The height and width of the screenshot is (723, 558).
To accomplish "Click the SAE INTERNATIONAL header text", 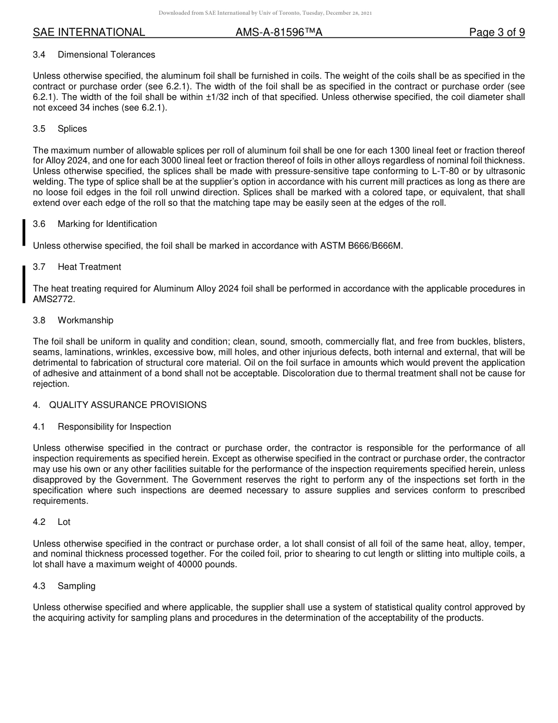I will (89, 33).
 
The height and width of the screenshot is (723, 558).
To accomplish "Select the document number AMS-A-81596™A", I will (279, 33).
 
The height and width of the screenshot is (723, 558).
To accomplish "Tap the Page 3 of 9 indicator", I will (497, 33).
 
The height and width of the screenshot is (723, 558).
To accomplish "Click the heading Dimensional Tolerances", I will (106, 55).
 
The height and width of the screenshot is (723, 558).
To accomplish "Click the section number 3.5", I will (39, 129).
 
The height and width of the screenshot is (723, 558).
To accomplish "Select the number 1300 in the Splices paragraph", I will (407, 150).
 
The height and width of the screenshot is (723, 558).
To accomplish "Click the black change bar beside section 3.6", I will (24, 232).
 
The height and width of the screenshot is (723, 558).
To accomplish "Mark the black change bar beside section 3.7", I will (24, 284).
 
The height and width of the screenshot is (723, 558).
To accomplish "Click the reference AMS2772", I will (54, 299).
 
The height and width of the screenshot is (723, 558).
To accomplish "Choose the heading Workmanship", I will (86, 320).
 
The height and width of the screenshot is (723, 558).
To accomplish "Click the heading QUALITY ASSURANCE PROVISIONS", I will (127, 405).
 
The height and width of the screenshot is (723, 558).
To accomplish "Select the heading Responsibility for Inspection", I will (115, 427).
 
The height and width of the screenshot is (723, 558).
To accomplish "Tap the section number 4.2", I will (39, 522).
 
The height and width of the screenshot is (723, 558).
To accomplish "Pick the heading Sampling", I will (76, 586).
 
